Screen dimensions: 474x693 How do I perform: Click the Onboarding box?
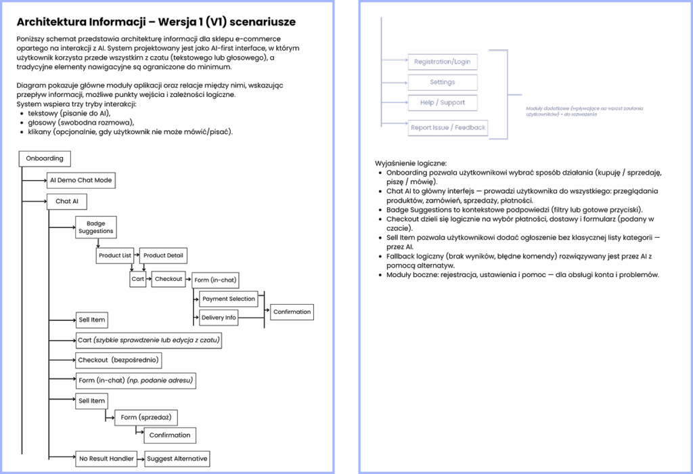pyautogui.click(x=45, y=158)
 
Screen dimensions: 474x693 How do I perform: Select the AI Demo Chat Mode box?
pyautogui.click(x=81, y=181)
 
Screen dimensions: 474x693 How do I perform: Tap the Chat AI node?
pyautogui.click(x=67, y=201)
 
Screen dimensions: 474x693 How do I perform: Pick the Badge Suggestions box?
pyautogui.click(x=96, y=228)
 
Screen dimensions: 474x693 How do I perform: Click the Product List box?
pyautogui.click(x=115, y=256)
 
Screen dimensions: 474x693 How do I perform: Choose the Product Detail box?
pyautogui.click(x=164, y=256)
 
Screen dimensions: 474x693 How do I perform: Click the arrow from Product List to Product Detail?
pyautogui.click(x=137, y=256)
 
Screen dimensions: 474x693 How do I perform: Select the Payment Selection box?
pyautogui.click(x=228, y=299)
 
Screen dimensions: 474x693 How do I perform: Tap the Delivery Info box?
pyautogui.click(x=219, y=318)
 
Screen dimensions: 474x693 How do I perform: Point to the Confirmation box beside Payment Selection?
pyautogui.click(x=292, y=312)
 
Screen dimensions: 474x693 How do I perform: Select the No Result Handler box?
pyautogui.click(x=107, y=458)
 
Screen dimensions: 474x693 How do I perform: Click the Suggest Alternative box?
pyautogui.click(x=177, y=458)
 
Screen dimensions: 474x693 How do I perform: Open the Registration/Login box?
pyautogui.click(x=442, y=62)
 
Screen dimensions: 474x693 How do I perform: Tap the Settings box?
pyautogui.click(x=442, y=83)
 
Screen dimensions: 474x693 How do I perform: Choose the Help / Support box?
pyautogui.click(x=442, y=103)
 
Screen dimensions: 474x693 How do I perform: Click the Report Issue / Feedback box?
pyautogui.click(x=448, y=127)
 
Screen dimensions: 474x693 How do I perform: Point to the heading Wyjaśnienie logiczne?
pyautogui.click(x=410, y=164)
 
